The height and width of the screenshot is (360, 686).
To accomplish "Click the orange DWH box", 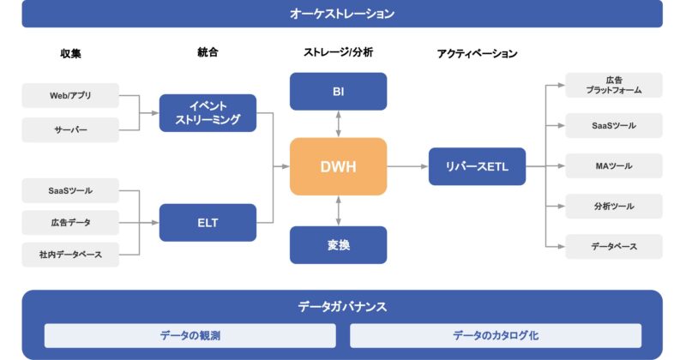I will (x=338, y=166).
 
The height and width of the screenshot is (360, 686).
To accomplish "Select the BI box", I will (x=338, y=91).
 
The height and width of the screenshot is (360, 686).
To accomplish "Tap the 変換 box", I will (x=338, y=244).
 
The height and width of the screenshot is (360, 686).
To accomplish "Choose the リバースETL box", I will (x=477, y=166).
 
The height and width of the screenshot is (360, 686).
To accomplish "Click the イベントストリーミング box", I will (x=208, y=113).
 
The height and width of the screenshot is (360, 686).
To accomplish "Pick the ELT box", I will (x=208, y=223).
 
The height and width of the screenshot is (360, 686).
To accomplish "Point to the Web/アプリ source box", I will (x=70, y=95).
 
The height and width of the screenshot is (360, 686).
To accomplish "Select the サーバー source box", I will (x=70, y=130).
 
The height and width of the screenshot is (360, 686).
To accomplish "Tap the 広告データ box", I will (x=70, y=223).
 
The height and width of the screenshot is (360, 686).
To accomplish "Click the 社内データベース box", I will (x=70, y=255).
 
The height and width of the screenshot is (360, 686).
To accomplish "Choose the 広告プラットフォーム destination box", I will (x=613, y=85).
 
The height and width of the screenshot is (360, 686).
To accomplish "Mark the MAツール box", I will (x=613, y=165).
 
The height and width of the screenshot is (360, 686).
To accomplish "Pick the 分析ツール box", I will (x=613, y=206).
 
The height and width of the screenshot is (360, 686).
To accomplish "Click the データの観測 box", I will (x=190, y=335).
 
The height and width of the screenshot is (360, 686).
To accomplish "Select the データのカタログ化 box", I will (x=496, y=335).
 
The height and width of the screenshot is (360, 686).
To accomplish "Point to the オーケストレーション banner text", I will (x=342, y=14).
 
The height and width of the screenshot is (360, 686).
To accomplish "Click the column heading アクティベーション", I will (x=477, y=53).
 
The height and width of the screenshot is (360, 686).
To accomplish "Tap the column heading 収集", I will (x=70, y=53).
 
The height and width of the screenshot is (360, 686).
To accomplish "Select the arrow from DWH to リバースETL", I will (x=407, y=166).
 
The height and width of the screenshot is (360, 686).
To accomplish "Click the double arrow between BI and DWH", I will (x=339, y=123).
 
